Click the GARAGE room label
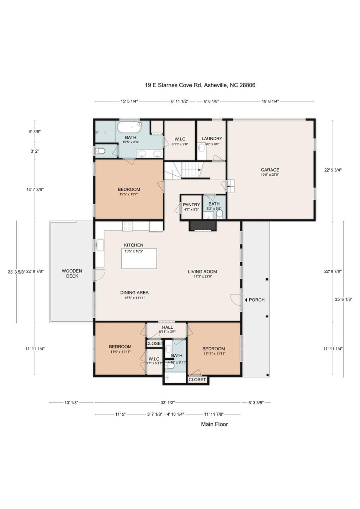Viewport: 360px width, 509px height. tap(270, 170)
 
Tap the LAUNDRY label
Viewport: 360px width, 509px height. tap(212, 139)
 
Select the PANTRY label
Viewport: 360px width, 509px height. tap(191, 205)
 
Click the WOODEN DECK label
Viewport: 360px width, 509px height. tap(72, 273)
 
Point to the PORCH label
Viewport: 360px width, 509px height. tap(256, 300)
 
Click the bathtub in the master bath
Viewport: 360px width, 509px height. tap(129, 126)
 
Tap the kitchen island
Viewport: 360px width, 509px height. tap(139, 259)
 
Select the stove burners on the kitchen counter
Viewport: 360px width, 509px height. tap(127, 226)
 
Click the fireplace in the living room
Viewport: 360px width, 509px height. tap(203, 226)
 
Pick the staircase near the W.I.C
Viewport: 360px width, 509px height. tap(189, 170)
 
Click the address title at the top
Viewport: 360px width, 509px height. tap(200, 85)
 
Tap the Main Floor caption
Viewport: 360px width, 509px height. tap(214, 424)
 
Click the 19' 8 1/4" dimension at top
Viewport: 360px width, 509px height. tap(270, 101)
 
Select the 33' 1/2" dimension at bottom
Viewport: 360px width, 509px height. tap(168, 403)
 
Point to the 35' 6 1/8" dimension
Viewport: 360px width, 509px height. tap(343, 299)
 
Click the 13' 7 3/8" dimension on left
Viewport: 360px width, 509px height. tap(35, 189)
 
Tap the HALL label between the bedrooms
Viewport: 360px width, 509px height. tap(168, 327)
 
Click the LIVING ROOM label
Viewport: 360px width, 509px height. tap(202, 271)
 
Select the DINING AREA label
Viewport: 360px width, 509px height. tap(134, 293)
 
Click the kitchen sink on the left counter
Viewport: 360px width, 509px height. tap(99, 245)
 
